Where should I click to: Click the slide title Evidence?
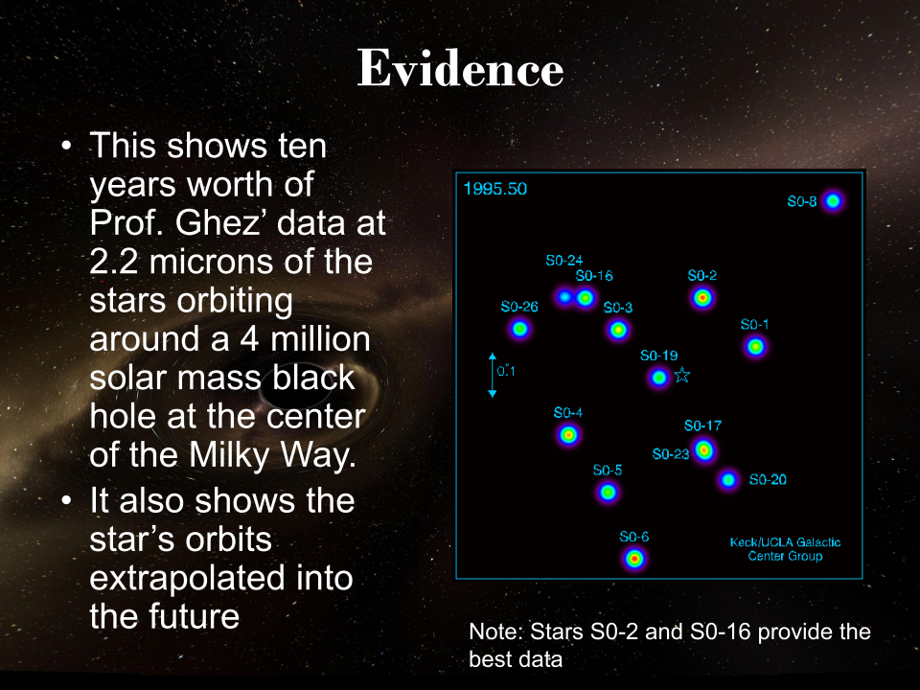[461, 69]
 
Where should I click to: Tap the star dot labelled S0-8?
[833, 201]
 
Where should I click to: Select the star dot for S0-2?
[702, 298]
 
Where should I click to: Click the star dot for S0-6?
[634, 558]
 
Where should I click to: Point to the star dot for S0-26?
[519, 329]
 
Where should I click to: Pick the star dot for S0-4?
[568, 435]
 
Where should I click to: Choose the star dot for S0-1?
[755, 347]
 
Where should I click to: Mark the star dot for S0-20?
[728, 480]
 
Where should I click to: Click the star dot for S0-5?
[608, 492]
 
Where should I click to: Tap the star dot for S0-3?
[618, 331]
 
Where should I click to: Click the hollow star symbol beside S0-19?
[681, 375]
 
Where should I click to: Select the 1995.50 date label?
[495, 189]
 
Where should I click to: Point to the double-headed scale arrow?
[493, 376]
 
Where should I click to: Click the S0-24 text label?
[563, 261]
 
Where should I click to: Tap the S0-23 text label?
[671, 454]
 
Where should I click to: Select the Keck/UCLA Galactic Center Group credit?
[785, 549]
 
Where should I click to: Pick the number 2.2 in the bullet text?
[114, 262]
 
